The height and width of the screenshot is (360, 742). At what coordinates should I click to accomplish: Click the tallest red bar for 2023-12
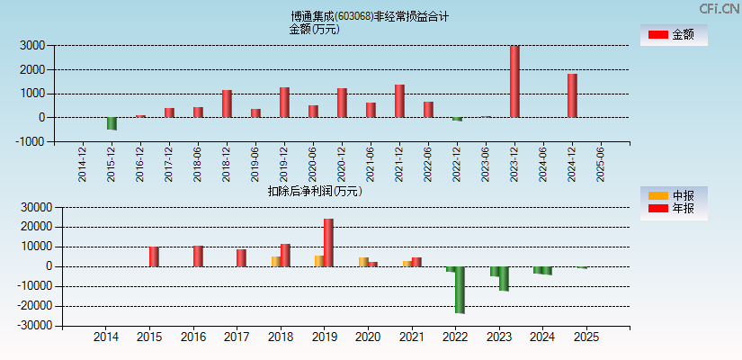(x=514, y=81)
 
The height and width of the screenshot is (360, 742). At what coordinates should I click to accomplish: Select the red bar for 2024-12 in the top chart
(x=572, y=95)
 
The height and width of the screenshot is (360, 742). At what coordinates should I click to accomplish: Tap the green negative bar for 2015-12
(x=112, y=123)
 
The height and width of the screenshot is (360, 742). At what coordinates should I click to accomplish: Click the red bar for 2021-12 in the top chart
(x=399, y=101)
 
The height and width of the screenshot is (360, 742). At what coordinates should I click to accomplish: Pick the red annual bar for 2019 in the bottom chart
(x=328, y=242)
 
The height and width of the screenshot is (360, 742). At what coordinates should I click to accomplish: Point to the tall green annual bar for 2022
(x=460, y=289)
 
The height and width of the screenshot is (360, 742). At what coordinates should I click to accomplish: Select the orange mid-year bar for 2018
(x=276, y=261)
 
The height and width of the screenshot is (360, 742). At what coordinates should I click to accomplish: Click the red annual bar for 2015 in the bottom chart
(x=154, y=256)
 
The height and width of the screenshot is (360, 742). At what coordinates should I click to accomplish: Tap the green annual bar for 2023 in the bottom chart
(x=504, y=278)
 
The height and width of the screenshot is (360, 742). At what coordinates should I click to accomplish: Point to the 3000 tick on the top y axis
(x=33, y=45)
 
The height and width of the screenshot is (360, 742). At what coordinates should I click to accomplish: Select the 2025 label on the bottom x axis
(x=586, y=337)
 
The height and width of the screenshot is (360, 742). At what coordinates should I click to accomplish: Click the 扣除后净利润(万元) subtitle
(x=315, y=191)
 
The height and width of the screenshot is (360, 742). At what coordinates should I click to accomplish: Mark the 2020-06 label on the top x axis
(x=313, y=165)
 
